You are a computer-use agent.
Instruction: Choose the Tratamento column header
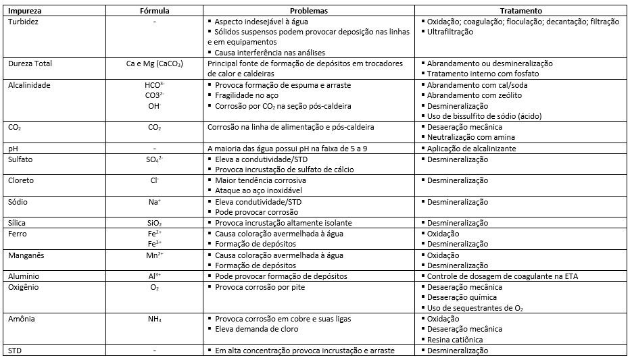521,11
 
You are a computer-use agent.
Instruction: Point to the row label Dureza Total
30,63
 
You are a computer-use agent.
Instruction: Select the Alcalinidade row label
28,85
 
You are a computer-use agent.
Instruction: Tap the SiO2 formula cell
154,223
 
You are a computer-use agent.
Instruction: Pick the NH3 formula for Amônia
154,318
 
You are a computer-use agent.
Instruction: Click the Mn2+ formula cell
154,255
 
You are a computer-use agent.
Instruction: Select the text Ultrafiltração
450,32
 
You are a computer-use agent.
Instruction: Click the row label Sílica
18,223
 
